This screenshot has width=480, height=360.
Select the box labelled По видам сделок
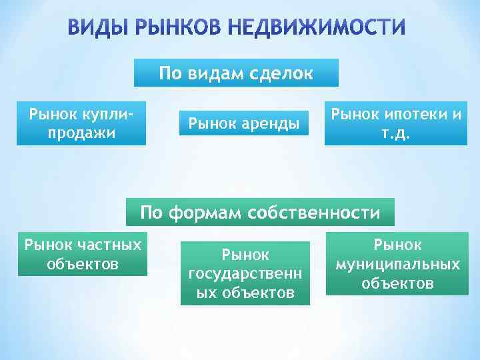click(236, 73)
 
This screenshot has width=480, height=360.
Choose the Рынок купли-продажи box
click(81, 123)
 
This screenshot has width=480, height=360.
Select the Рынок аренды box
click(244, 123)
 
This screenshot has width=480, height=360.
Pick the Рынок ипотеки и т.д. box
click(396, 123)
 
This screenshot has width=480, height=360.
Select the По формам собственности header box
click(260, 212)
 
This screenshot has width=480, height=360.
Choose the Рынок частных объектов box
click(83, 254)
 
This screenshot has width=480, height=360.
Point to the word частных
click(110, 245)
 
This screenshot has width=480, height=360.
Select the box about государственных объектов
click(245, 273)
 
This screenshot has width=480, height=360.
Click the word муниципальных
click(397, 264)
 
